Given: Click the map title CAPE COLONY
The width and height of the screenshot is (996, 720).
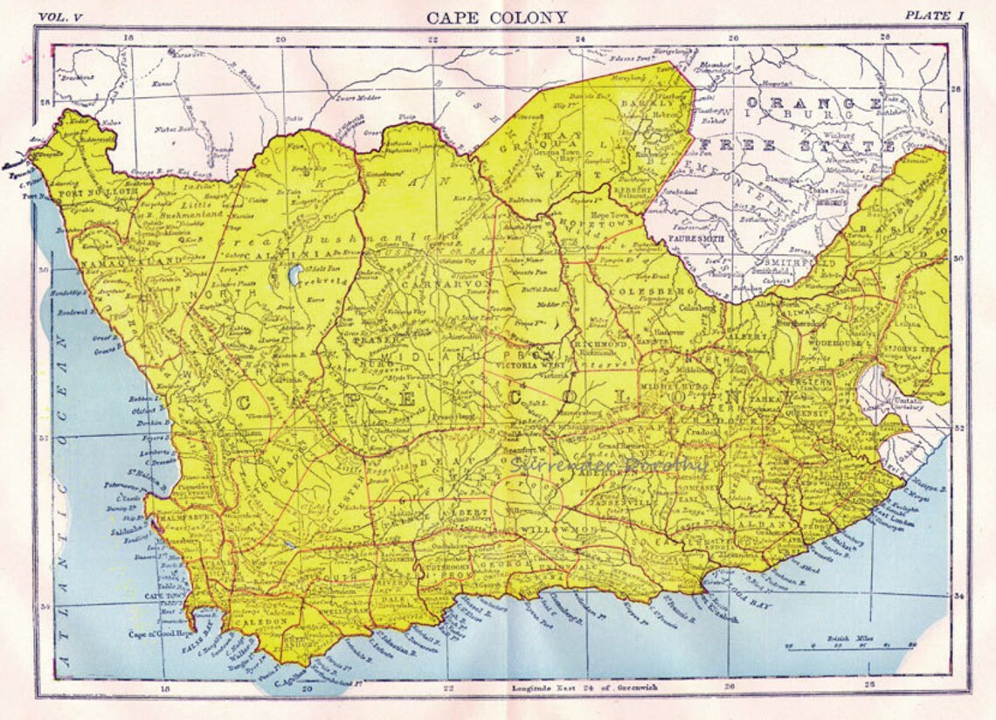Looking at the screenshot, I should (x=497, y=17).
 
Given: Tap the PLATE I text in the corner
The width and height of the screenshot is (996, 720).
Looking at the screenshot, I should (x=934, y=15).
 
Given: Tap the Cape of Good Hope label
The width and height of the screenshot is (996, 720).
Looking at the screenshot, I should (x=157, y=634).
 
